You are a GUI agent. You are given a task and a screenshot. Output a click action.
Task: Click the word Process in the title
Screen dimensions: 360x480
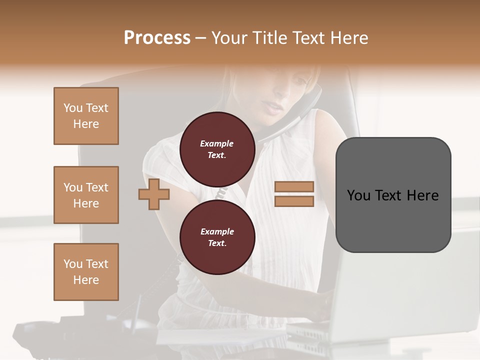pos(157,38)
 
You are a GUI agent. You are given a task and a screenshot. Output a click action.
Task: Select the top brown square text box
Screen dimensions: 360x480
pos(86,116)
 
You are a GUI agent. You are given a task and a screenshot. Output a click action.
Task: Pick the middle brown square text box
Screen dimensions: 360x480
pos(86,195)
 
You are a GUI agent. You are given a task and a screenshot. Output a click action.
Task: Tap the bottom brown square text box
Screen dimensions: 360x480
pos(86,272)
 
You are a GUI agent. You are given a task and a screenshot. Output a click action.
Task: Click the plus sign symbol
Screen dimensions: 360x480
pos(154,194)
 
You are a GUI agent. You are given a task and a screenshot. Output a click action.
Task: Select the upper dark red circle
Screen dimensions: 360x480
pos(217,149)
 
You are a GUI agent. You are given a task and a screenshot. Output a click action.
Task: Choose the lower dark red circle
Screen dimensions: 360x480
pos(217,237)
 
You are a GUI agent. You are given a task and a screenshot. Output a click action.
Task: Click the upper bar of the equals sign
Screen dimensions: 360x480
pos(294,186)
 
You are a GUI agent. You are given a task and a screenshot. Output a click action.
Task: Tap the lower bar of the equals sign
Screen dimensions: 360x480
pos(294,201)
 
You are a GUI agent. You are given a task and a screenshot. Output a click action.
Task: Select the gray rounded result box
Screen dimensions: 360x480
pos(393,195)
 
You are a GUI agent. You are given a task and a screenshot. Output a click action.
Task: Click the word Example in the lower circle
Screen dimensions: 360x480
pos(217,231)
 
